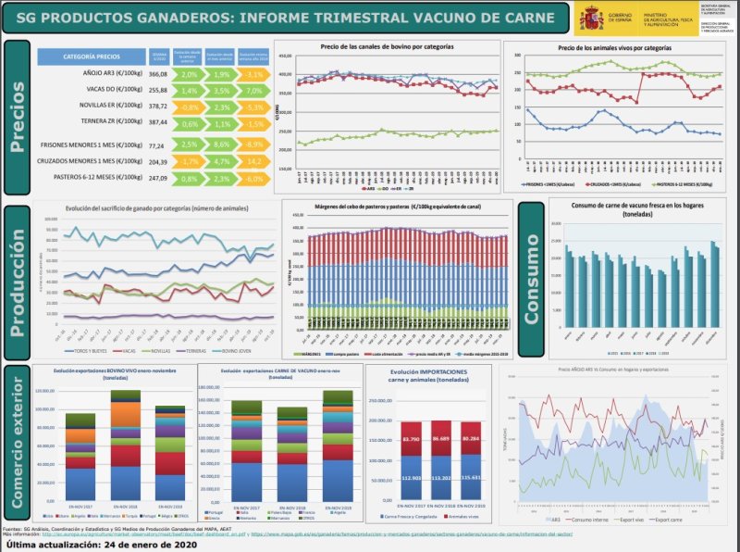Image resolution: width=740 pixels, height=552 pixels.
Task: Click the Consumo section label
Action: pos(531,278)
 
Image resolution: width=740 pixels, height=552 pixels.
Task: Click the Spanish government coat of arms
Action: pos(590,17)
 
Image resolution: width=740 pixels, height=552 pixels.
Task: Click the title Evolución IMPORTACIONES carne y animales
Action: pos(426,375)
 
